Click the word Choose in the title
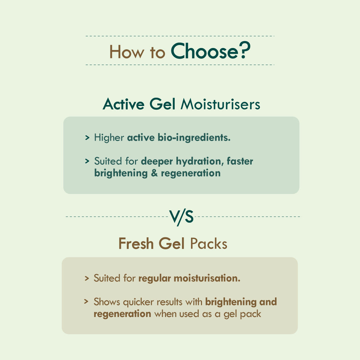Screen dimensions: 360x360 (205, 51)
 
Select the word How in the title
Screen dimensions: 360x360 (127, 52)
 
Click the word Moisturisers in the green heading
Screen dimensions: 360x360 (220, 104)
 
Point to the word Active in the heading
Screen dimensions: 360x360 (124, 104)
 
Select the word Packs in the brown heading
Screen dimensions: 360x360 (209, 243)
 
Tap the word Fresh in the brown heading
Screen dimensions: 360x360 (136, 243)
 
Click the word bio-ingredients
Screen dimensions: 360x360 (194, 138)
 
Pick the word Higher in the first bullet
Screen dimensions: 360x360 (109, 138)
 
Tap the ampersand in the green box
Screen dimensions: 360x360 (154, 173)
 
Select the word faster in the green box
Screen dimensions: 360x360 (240, 161)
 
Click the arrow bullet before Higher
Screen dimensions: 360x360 (87, 138)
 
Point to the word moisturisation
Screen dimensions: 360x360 (207, 278)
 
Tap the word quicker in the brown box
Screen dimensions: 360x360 (138, 302)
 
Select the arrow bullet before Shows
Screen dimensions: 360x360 (86, 301)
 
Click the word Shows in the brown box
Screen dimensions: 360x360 (107, 302)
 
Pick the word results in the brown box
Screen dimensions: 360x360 (169, 302)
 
